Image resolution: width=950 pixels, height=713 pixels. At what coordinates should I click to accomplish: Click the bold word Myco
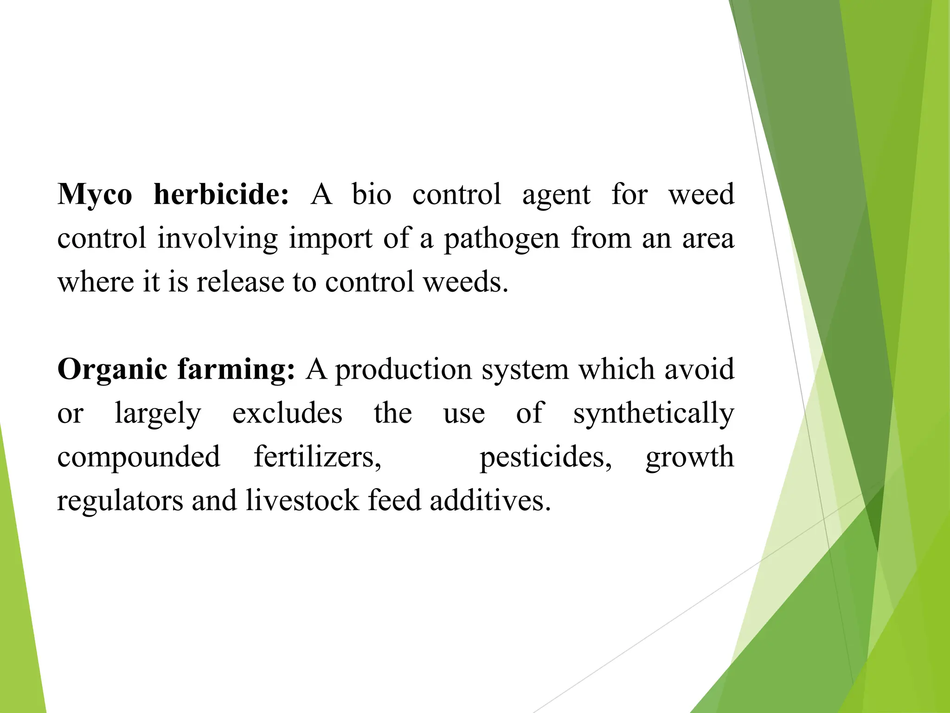point(95,195)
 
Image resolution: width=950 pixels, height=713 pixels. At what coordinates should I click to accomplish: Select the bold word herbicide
point(221,194)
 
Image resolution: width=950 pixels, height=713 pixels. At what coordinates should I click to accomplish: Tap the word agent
point(556,195)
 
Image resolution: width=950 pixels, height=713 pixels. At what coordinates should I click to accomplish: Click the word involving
point(217,239)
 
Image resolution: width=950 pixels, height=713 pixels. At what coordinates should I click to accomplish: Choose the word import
point(331,239)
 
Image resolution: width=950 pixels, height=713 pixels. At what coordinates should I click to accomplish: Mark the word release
point(240,282)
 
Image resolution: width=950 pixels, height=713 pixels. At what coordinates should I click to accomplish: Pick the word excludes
point(287,413)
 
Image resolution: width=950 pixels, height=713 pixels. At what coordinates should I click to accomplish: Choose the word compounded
point(139,457)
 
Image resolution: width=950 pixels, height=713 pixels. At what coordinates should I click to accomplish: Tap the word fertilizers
point(317,457)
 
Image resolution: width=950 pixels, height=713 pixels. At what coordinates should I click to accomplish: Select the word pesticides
point(546,457)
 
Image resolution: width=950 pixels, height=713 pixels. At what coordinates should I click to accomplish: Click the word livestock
point(302,500)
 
